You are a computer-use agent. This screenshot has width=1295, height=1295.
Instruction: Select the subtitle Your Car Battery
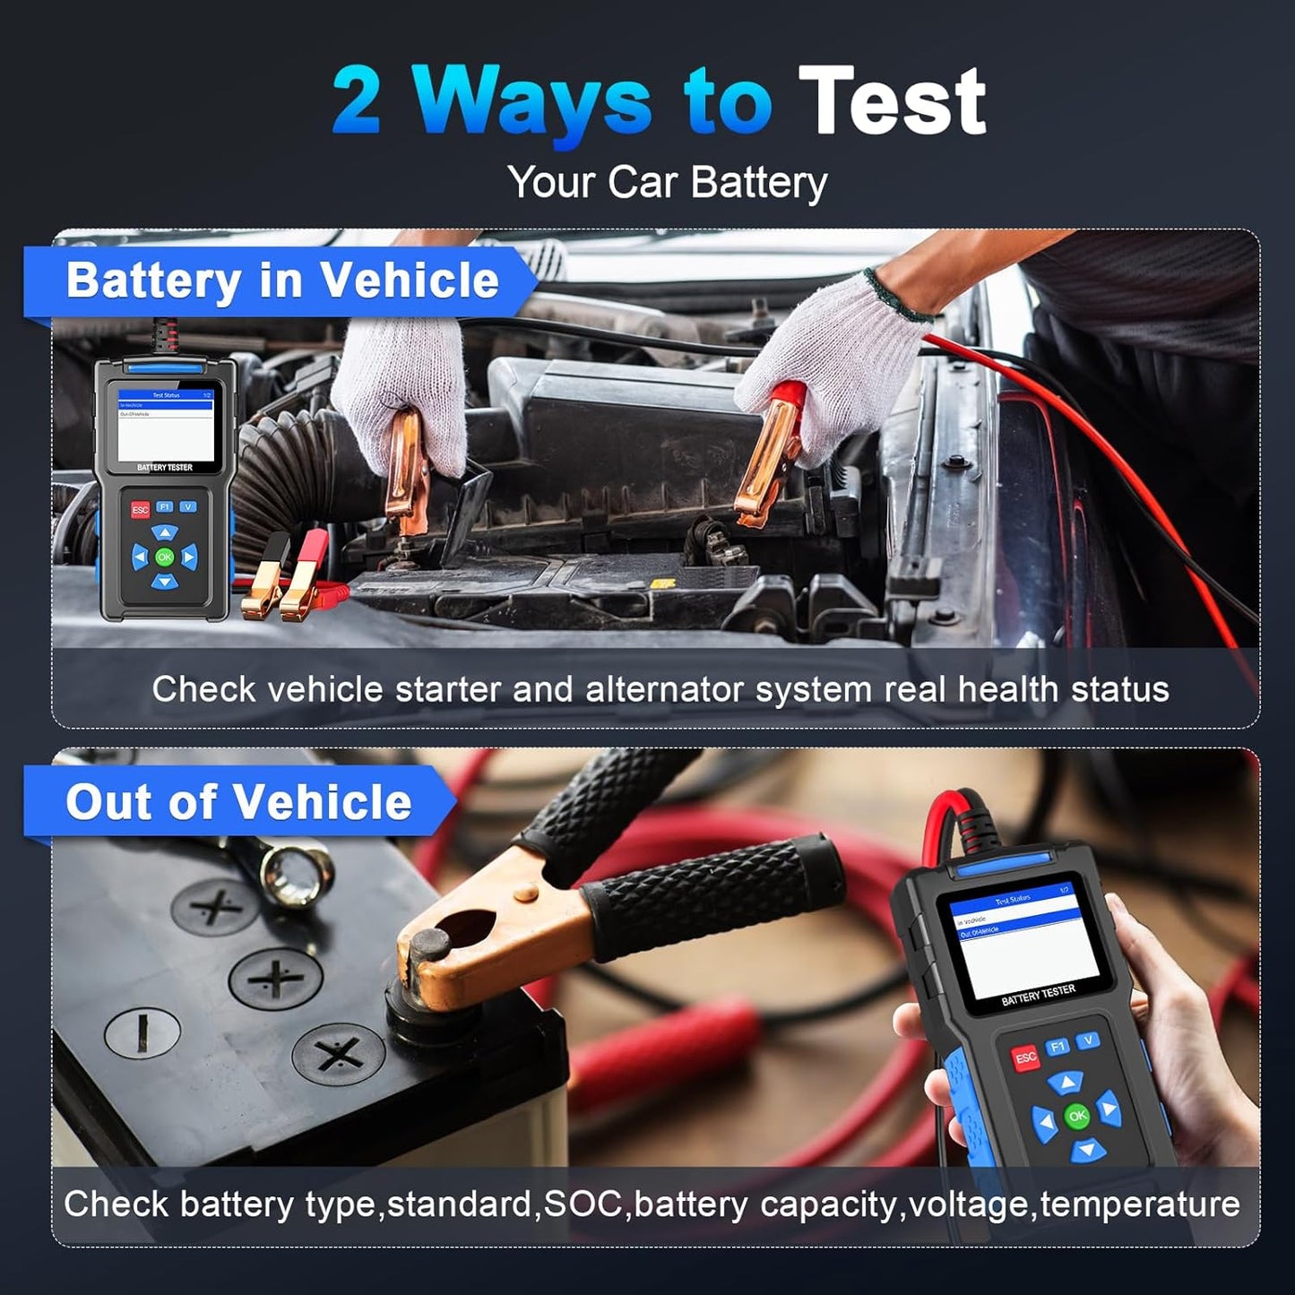667,183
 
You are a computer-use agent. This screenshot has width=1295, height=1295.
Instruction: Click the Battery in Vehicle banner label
281,281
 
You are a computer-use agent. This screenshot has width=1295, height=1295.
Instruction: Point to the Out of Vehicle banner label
238,801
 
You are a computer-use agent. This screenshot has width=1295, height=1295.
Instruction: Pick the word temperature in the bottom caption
1140,1204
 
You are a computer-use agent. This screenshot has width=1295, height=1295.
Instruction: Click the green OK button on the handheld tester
1077,1116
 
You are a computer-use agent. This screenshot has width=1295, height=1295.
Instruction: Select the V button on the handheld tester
1088,1040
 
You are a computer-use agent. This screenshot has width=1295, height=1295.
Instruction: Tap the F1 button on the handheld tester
1058,1047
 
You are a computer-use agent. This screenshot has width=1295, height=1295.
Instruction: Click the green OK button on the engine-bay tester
164,557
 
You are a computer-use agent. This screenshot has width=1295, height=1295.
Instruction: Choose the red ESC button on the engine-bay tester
140,510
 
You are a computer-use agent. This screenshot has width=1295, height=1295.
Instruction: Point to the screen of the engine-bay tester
166,426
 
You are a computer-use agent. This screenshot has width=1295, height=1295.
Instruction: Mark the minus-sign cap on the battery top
142,1032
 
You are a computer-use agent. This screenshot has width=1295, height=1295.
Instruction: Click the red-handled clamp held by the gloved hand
773,453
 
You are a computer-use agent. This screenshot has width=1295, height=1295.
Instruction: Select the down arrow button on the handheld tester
1087,1149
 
